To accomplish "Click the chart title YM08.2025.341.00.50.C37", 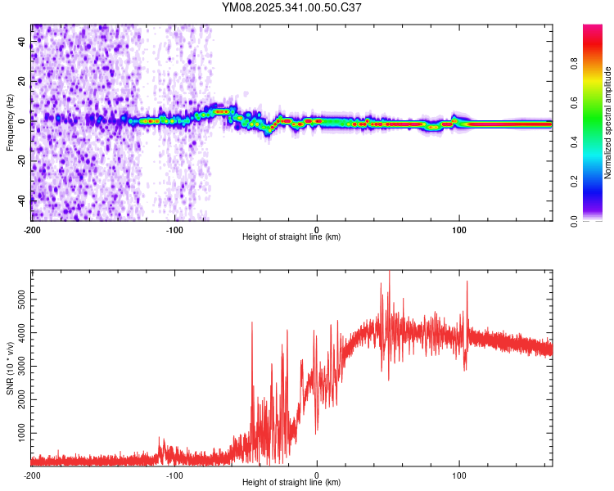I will (x=291, y=7).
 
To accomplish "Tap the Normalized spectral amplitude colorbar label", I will (x=608, y=122).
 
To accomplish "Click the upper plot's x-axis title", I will (x=291, y=236).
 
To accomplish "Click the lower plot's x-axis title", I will (x=291, y=483).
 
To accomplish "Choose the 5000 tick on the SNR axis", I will (x=19, y=300).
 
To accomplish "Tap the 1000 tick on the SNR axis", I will (x=19, y=431).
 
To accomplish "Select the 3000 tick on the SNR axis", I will (x=19, y=366).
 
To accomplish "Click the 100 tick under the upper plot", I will (x=459, y=229).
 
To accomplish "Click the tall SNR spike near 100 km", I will (x=467, y=283).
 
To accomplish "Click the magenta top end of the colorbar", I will (x=593, y=29).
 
